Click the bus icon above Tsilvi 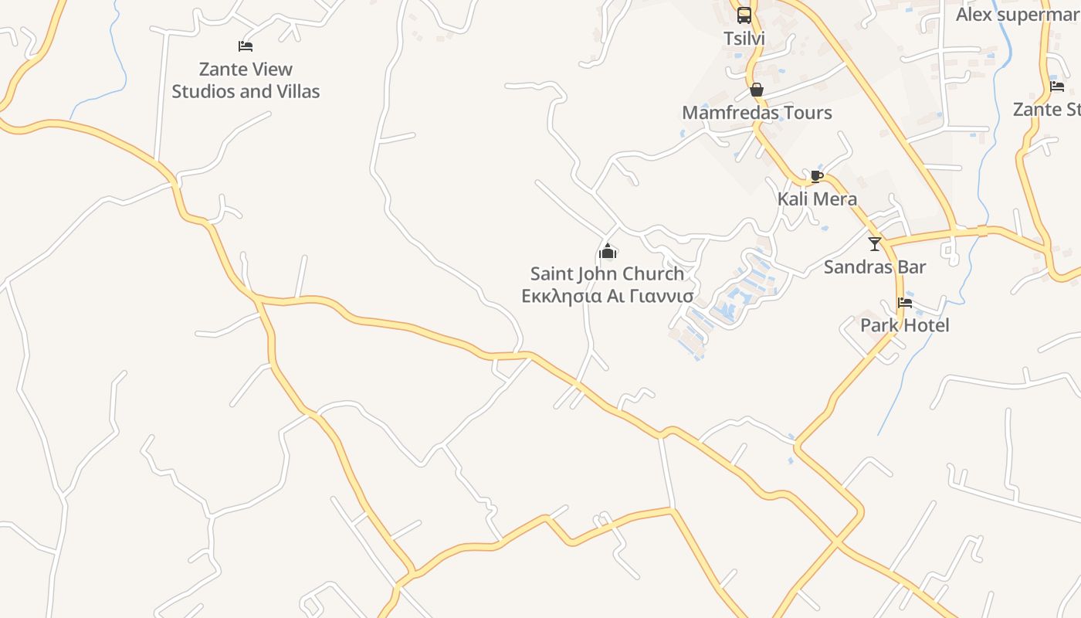[x=744, y=15]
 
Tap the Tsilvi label [x=744, y=38]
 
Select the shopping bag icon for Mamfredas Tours [x=757, y=90]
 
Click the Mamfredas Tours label [x=757, y=113]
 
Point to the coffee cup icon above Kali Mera [x=817, y=177]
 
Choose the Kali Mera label [x=817, y=199]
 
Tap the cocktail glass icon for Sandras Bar [x=875, y=244]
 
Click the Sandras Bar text [x=875, y=267]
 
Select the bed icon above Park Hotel [x=905, y=302]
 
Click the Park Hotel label [x=905, y=325]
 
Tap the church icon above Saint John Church [x=608, y=251]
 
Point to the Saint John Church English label [x=608, y=273]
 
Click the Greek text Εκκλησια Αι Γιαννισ [x=608, y=296]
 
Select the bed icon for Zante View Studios [x=246, y=46]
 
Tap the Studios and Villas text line [x=246, y=91]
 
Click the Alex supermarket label [x=1018, y=15]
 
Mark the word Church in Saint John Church [x=653, y=273]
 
